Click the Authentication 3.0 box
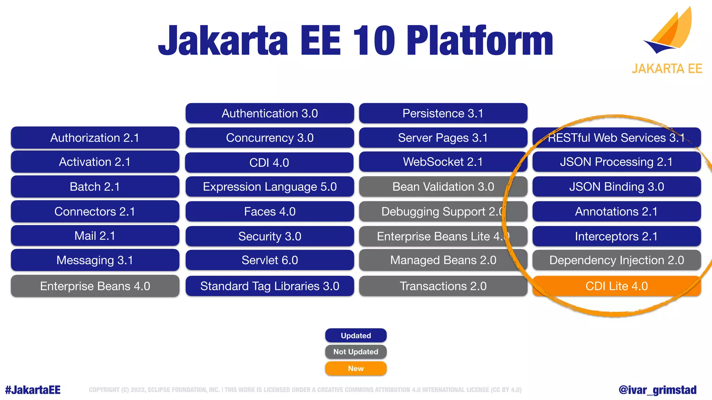269,113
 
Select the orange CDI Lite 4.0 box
616,286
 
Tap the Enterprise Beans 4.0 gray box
95,286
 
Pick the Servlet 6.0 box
269,260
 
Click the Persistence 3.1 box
443,113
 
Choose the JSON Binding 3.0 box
616,186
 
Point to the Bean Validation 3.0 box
443,186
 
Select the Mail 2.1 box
95,236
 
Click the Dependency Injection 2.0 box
616,260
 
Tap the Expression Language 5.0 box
269,186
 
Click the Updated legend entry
356,335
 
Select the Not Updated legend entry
356,352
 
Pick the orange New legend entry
356,368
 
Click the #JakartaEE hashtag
33,390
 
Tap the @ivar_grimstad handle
657,390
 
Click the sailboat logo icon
669,31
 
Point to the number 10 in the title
374,41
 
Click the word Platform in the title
480,41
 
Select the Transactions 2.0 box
443,286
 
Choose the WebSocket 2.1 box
443,162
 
